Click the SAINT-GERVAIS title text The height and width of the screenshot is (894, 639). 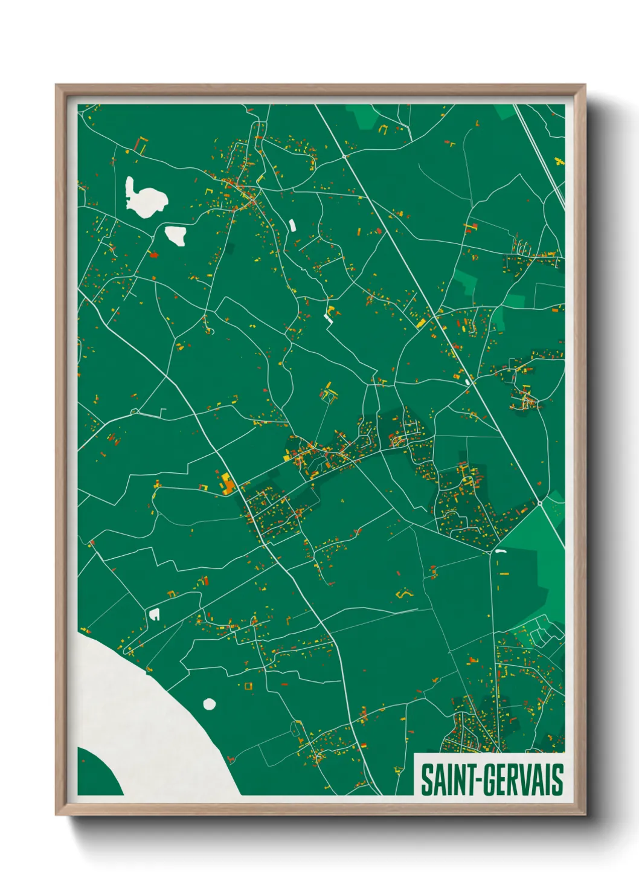tap(492, 779)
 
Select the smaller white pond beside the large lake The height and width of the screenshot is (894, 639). tap(176, 235)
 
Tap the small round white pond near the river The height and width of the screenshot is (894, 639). tap(210, 704)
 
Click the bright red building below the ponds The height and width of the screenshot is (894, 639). tap(153, 255)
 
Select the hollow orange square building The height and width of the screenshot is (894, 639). tap(248, 685)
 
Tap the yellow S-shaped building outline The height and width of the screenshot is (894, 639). tap(403, 595)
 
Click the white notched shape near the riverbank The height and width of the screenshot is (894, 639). tap(154, 614)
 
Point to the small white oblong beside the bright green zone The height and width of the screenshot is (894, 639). tap(500, 551)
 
